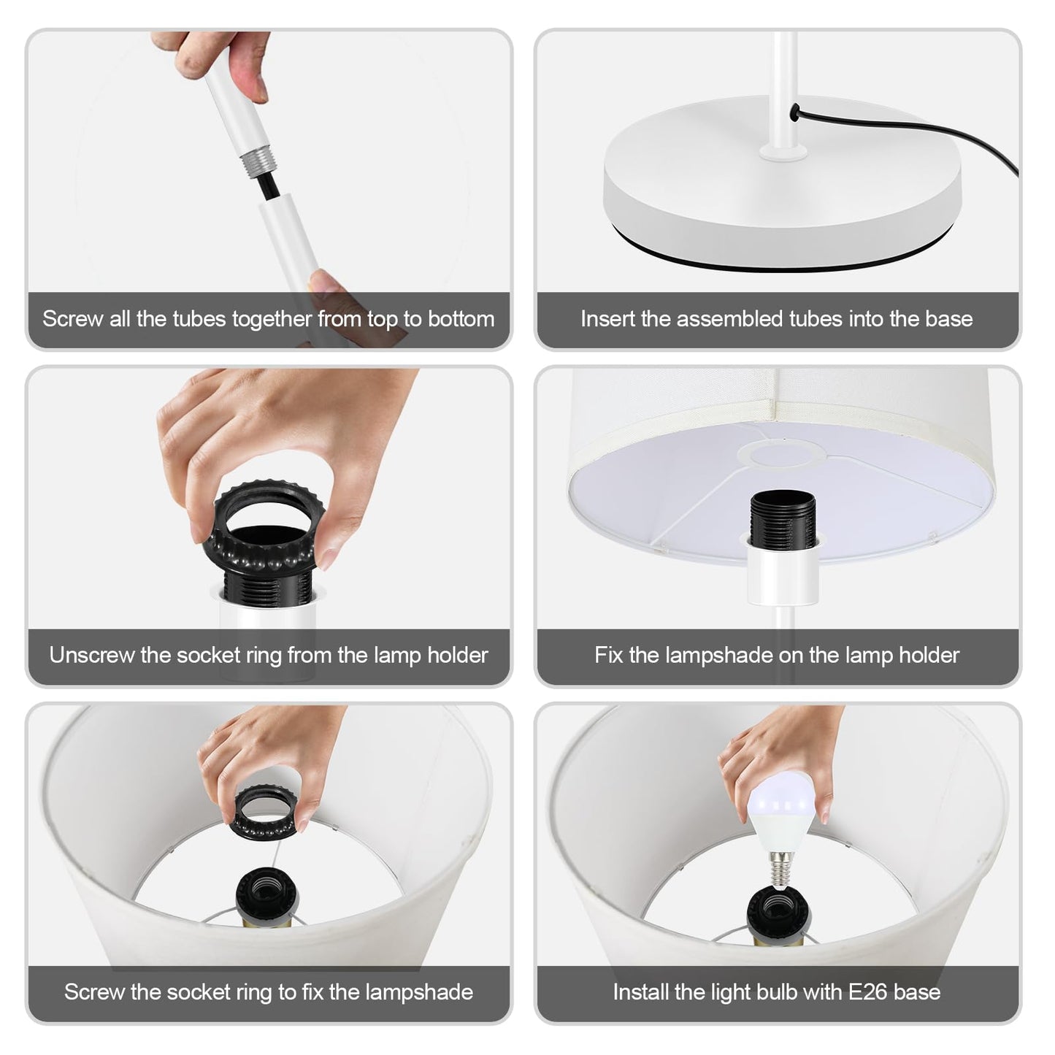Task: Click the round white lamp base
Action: (783, 183)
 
